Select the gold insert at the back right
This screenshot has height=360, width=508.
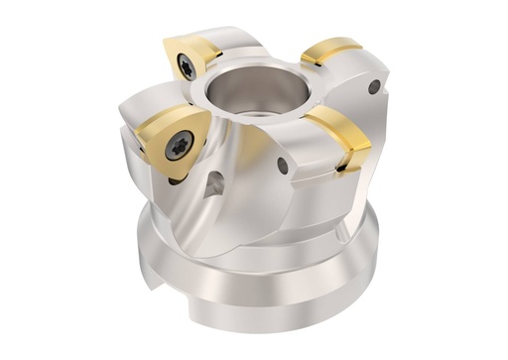[x=331, y=52]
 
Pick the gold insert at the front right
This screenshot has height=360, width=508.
[x=338, y=139]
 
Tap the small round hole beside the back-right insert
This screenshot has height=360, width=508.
[x=373, y=88]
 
